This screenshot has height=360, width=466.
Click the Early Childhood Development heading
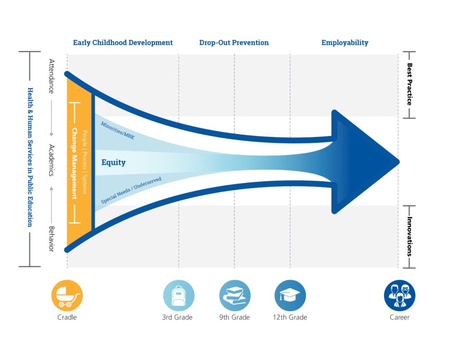(x=123, y=43)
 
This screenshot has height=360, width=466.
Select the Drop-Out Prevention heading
(x=234, y=43)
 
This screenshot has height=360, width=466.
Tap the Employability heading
(x=345, y=43)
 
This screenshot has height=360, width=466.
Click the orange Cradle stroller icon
(x=67, y=295)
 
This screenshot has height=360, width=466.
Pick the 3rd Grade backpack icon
(x=178, y=295)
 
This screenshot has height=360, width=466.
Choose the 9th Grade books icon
(x=235, y=295)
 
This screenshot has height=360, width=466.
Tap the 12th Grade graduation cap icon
(x=290, y=295)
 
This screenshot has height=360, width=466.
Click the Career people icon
(x=400, y=295)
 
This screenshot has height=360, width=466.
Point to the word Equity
(x=113, y=162)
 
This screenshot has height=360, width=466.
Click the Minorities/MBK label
(x=118, y=131)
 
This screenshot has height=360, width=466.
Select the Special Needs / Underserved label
(x=131, y=190)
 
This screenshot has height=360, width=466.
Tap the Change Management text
(x=74, y=163)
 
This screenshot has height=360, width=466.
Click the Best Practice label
(x=410, y=84)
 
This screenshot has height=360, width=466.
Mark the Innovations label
(x=410, y=237)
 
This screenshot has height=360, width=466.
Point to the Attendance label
(x=51, y=76)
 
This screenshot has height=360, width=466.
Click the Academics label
(x=51, y=160)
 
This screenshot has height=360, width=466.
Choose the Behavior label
(x=51, y=239)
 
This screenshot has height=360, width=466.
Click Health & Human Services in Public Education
(x=30, y=157)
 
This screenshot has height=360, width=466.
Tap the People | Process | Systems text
(x=85, y=162)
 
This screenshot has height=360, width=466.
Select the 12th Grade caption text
(x=290, y=318)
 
